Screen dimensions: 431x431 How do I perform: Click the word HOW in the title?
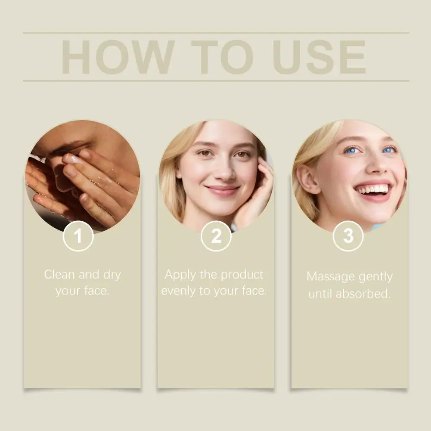coord(118,57)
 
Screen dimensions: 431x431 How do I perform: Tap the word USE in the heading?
coord(319,57)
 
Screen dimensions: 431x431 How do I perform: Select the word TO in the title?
coord(222,57)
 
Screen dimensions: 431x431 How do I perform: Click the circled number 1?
coord(78,236)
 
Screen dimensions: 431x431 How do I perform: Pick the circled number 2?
coord(216,236)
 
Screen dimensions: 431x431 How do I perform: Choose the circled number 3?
coord(348,236)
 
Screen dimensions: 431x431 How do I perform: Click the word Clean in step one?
coord(59,274)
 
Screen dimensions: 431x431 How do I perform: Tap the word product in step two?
coord(242,275)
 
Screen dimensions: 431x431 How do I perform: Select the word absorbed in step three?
coord(363,294)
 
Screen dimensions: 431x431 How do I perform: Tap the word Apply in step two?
coord(180,275)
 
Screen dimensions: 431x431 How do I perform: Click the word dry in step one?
coord(112,275)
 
